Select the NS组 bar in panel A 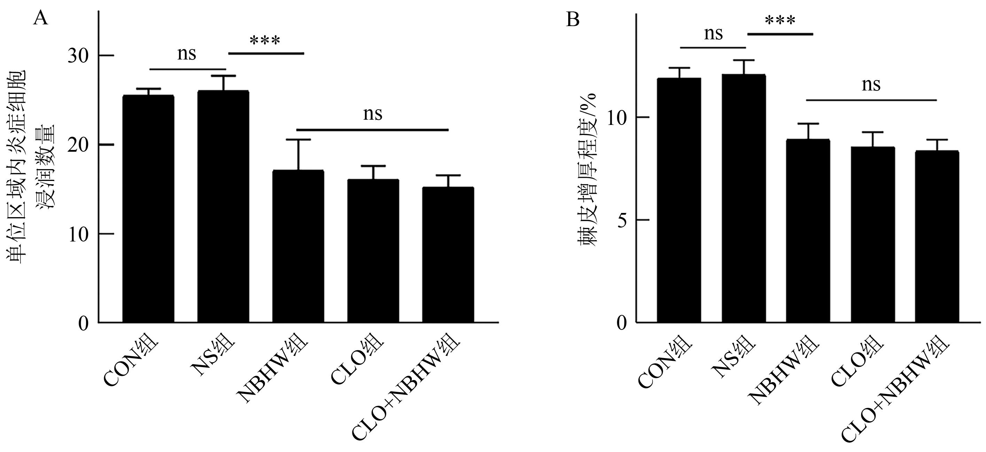point(223,206)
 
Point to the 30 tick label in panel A point(78,56)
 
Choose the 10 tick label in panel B point(617,117)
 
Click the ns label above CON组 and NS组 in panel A point(186,54)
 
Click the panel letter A point(41,18)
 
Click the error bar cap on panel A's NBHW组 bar point(298,140)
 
